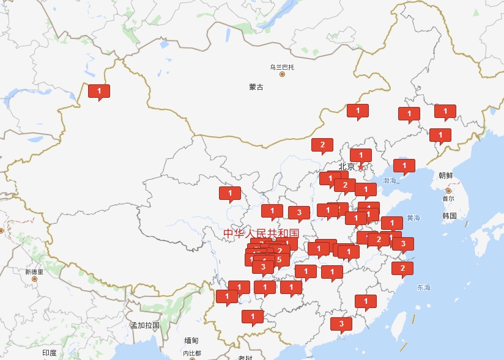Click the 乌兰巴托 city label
click(x=282, y=67)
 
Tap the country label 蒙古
click(x=256, y=87)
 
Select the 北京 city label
click(x=347, y=166)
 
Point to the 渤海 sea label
click(x=390, y=181)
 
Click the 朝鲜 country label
click(x=446, y=175)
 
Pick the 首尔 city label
click(x=448, y=199)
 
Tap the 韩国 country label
click(x=450, y=216)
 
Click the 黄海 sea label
click(x=413, y=218)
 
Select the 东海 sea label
click(x=424, y=287)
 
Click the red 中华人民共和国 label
click(x=261, y=233)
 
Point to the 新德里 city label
click(x=34, y=271)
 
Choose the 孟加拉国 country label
click(x=145, y=325)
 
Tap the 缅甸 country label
click(x=191, y=340)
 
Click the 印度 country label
click(x=50, y=353)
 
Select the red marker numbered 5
click(x=279, y=260)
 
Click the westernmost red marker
click(x=99, y=91)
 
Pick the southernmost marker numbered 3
click(x=341, y=324)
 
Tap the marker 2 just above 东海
click(x=402, y=268)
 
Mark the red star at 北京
click(x=361, y=166)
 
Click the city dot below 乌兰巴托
click(x=282, y=75)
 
